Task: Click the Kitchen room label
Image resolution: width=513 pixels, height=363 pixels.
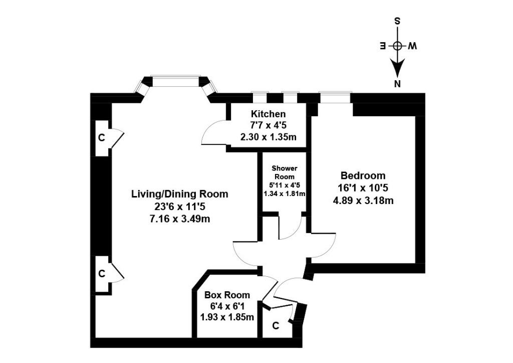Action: pos(269,114)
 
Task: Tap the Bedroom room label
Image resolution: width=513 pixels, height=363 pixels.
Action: pos(363,176)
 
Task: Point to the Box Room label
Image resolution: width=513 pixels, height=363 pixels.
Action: pos(227,295)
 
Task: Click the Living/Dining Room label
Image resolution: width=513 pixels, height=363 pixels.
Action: pos(179,194)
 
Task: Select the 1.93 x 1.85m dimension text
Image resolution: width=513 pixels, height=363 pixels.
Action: pos(227,317)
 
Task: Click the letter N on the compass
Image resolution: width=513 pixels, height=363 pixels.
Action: pos(398,84)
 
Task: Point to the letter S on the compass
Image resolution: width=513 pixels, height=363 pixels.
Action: pos(398,21)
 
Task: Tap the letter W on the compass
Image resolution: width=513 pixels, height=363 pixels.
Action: pos(412,46)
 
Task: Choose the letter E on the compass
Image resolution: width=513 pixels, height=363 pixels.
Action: pos(383,46)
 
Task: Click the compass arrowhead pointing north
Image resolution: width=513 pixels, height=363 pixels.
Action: pos(398,68)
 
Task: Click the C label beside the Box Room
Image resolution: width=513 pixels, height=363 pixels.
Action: pos(275,326)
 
